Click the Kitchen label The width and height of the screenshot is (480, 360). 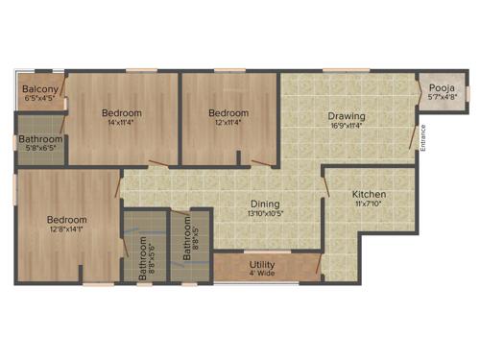tap(369, 193)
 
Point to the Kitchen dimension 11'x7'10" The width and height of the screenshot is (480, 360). tap(369, 204)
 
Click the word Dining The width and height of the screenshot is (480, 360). tap(265, 204)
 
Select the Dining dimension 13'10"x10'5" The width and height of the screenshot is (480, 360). tap(265, 214)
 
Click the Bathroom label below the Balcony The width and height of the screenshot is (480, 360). tap(39, 139)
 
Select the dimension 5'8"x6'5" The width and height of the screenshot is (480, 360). tap(39, 149)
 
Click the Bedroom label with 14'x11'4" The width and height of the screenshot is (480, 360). tap(122, 112)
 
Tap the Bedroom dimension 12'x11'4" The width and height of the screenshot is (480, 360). tap(228, 123)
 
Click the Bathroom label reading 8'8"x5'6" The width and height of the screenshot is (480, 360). tap(142, 257)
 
